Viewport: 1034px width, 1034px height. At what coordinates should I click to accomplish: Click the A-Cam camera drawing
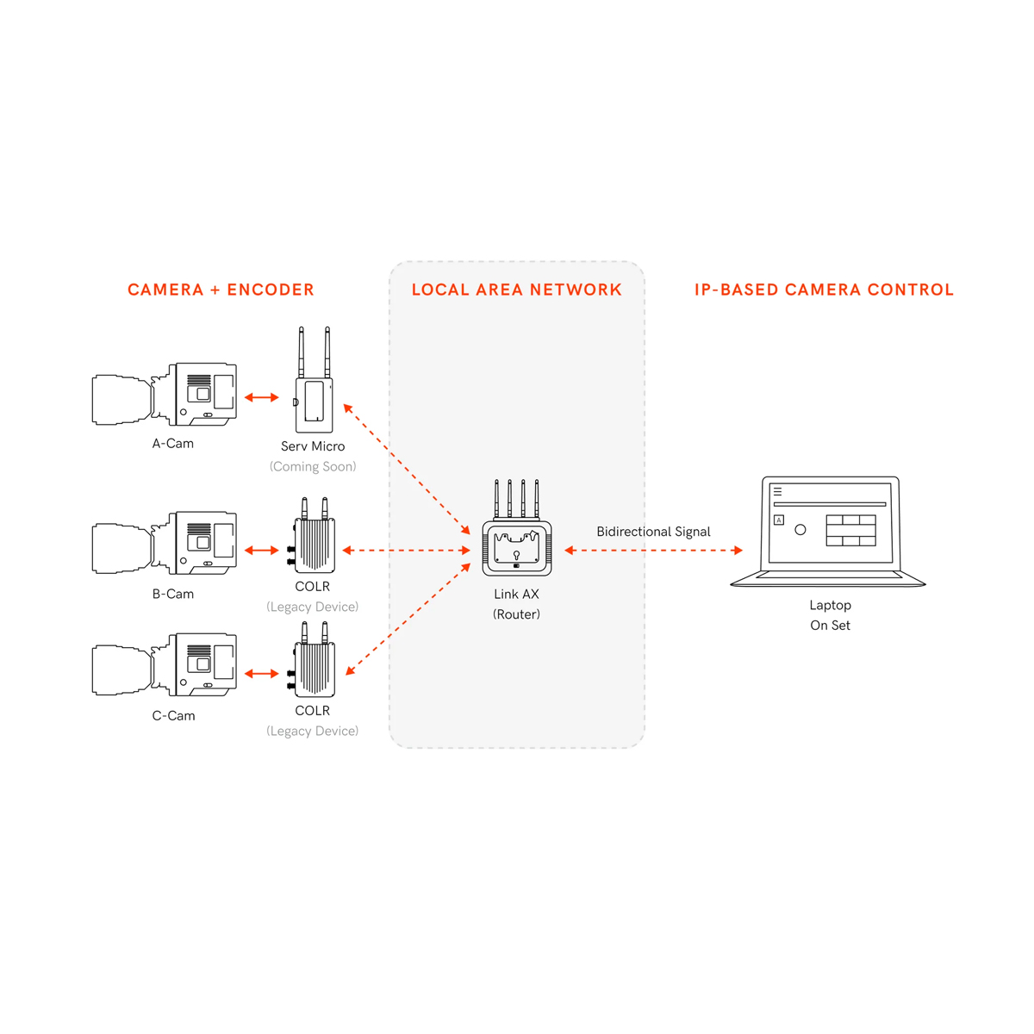pos(165,396)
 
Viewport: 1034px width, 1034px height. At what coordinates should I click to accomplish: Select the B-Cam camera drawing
pos(165,544)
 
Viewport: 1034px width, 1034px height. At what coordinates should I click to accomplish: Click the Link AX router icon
pos(517,534)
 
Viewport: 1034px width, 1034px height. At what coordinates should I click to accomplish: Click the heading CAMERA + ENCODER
pos(221,290)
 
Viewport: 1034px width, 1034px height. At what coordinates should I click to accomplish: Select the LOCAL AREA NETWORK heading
pos(517,290)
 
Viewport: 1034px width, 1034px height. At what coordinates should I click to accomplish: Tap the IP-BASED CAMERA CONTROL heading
pos(824,290)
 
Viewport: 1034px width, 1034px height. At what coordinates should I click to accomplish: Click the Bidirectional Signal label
pos(653,532)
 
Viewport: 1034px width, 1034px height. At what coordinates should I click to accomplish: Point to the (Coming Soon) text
pos(313,466)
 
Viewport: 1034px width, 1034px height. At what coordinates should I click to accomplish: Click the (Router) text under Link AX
pos(517,614)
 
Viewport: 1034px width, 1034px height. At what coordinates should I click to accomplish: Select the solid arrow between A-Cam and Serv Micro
pos(262,397)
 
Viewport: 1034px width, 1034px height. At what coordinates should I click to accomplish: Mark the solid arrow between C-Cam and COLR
pos(262,674)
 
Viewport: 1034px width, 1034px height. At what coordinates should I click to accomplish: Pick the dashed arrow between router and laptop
pos(653,550)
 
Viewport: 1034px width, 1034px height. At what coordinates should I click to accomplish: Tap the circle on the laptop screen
pos(800,530)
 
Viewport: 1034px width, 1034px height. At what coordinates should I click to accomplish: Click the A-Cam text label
pos(173,444)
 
